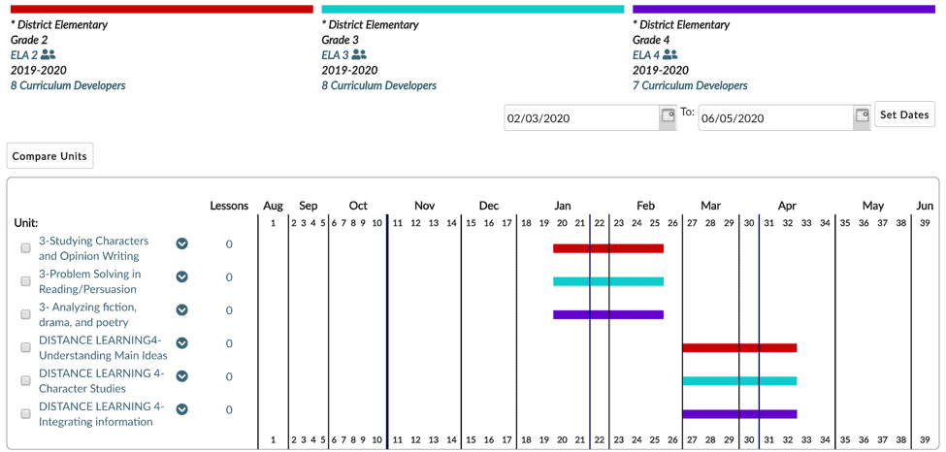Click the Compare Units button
(x=49, y=156)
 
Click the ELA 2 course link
(x=24, y=55)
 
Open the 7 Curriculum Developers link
(x=690, y=85)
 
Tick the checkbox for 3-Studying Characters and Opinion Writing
(x=26, y=248)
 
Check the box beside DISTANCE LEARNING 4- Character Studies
(x=26, y=380)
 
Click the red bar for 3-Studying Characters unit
(x=608, y=248)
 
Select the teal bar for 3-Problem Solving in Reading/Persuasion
(x=608, y=281)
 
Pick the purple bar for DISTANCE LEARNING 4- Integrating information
(x=739, y=414)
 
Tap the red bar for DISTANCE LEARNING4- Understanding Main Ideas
(x=739, y=347)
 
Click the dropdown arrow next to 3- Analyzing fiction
(x=182, y=310)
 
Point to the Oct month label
(x=358, y=206)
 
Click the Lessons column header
(x=229, y=206)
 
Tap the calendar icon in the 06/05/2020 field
(x=862, y=116)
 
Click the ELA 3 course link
(x=335, y=55)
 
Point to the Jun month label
(x=925, y=206)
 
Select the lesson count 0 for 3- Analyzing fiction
(x=229, y=310)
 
